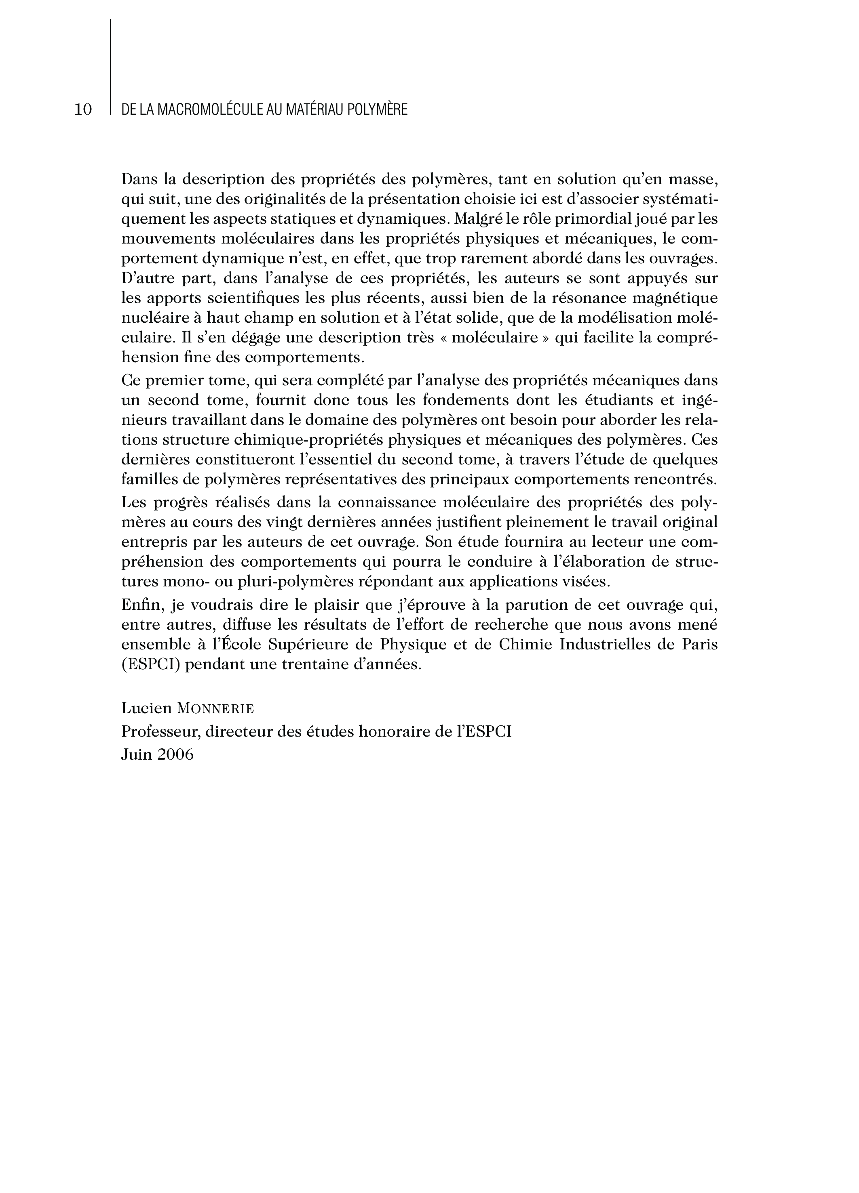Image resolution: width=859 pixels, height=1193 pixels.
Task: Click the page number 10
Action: [x=83, y=109]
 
